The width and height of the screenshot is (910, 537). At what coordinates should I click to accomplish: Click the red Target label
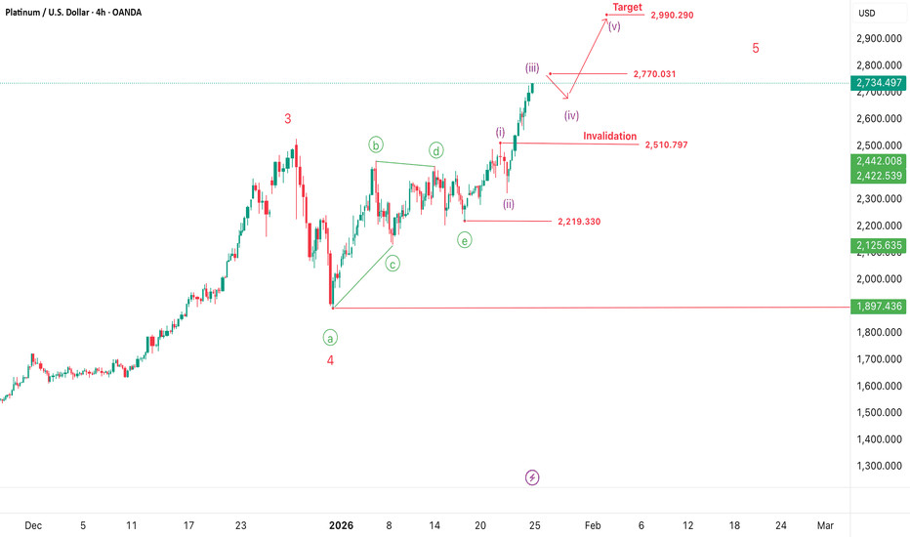click(627, 7)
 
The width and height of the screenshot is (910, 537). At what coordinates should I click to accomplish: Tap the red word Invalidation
click(610, 137)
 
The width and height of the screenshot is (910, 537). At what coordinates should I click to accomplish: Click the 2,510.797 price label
click(667, 145)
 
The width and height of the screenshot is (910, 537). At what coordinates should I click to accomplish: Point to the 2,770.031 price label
click(654, 74)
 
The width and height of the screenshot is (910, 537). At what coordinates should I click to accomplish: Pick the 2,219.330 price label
click(579, 222)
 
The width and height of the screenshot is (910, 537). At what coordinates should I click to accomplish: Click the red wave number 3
click(287, 119)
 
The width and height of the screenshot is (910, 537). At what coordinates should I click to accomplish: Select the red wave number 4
click(330, 359)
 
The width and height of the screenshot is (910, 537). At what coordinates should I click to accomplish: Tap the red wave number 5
click(756, 48)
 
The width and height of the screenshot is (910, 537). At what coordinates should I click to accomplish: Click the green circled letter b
click(377, 145)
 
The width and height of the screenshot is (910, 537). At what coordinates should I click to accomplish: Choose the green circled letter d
click(436, 150)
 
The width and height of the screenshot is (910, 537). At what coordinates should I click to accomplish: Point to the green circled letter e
click(465, 239)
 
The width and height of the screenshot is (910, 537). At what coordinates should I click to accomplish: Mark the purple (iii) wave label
click(532, 67)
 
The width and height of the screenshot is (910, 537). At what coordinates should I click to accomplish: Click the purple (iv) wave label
click(572, 114)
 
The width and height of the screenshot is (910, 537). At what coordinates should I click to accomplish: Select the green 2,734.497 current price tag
click(880, 84)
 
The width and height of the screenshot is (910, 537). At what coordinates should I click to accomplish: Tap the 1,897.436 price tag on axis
click(880, 307)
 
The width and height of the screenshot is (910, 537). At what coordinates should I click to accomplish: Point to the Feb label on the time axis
click(593, 525)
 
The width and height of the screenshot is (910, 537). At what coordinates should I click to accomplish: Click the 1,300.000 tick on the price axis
click(880, 467)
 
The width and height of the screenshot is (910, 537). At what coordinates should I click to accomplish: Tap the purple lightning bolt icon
click(532, 477)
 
